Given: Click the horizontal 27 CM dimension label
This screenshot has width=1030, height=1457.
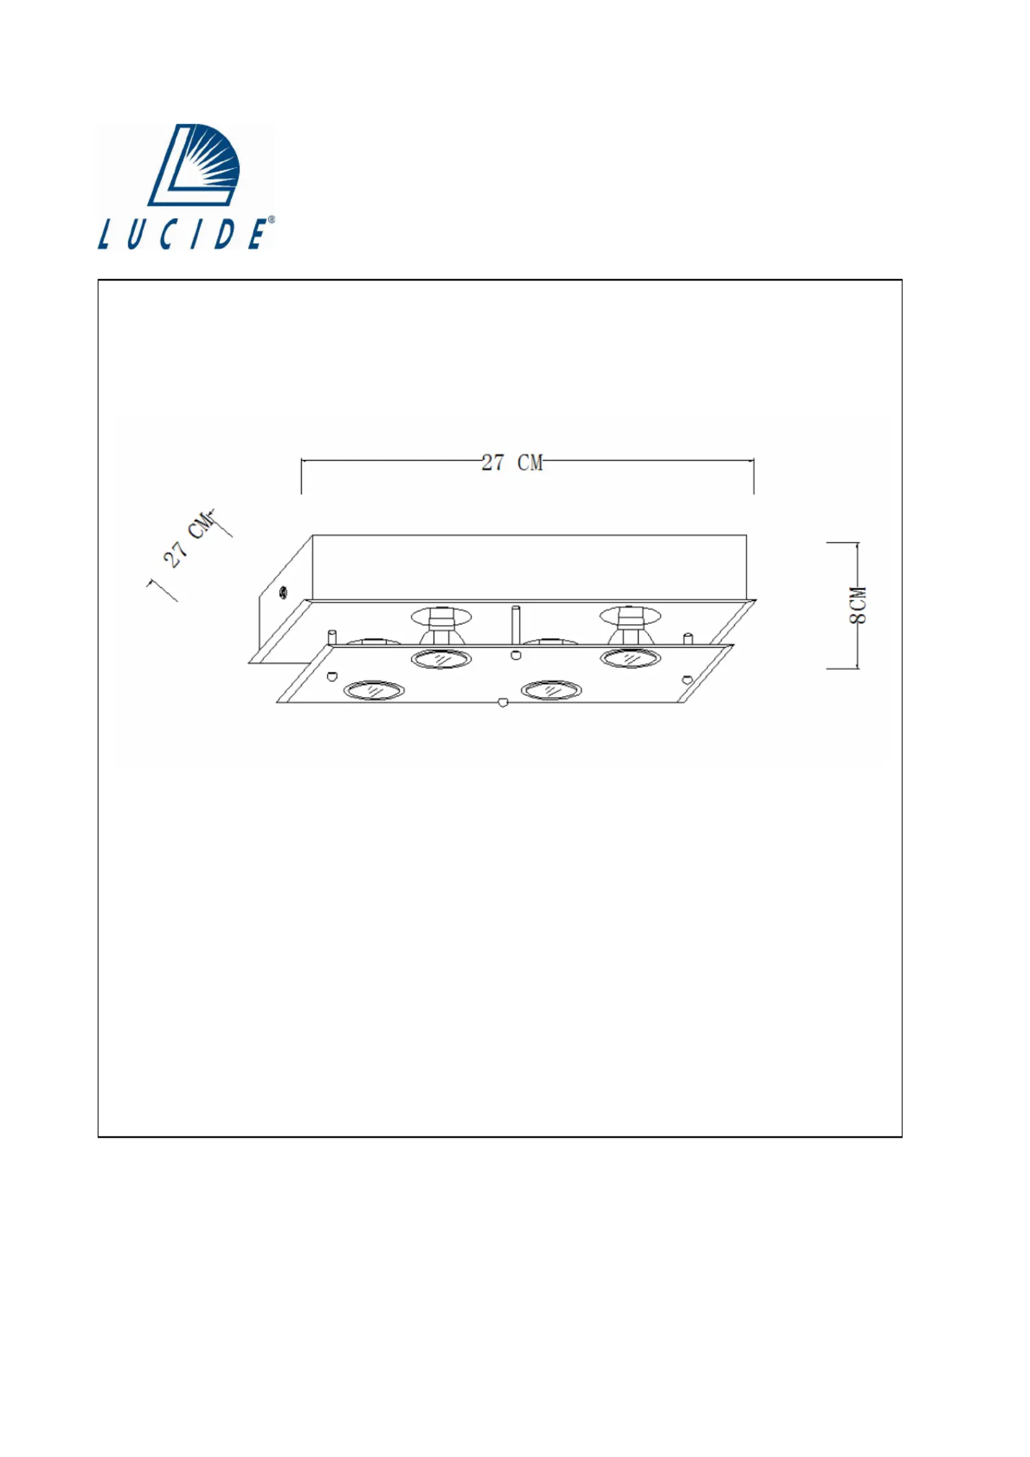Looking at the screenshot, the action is tap(512, 463).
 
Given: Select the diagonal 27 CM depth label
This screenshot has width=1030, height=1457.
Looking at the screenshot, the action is tap(189, 539).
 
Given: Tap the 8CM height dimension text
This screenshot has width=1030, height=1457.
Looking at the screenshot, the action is tap(858, 605).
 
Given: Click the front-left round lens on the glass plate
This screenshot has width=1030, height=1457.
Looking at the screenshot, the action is tap(373, 691).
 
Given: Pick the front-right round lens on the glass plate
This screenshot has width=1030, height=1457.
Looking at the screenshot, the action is tap(552, 690).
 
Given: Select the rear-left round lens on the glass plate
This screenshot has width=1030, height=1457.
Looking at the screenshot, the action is tap(441, 659).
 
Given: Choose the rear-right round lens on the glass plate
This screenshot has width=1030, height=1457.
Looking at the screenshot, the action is tap(630, 658).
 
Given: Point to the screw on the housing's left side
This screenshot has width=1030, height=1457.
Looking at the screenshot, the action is tap(283, 593).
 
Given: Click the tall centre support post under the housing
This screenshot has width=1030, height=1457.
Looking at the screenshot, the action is tap(515, 625).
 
